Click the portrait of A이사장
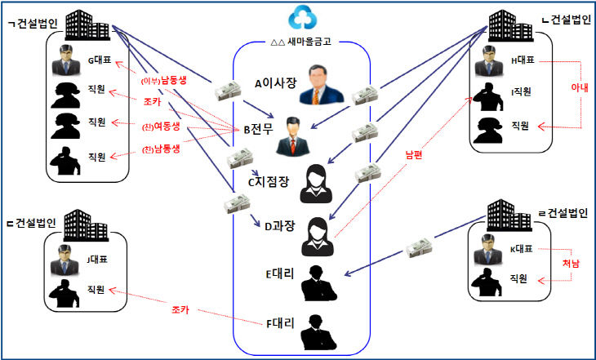click(x=322, y=84)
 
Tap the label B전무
click(x=259, y=129)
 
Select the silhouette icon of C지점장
click(x=316, y=184)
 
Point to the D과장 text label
click(x=280, y=226)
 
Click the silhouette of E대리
click(x=318, y=283)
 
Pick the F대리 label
click(x=280, y=323)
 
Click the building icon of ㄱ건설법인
click(x=87, y=25)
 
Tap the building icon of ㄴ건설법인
click(x=510, y=26)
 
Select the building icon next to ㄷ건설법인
click(x=86, y=225)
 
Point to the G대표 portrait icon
click(x=66, y=60)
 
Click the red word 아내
click(x=580, y=87)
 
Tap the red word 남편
click(x=414, y=155)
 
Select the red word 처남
click(x=571, y=264)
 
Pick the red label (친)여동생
click(x=161, y=127)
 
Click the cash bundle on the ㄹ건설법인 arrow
click(x=419, y=247)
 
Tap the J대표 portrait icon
click(x=64, y=260)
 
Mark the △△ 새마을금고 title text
click(x=300, y=42)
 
